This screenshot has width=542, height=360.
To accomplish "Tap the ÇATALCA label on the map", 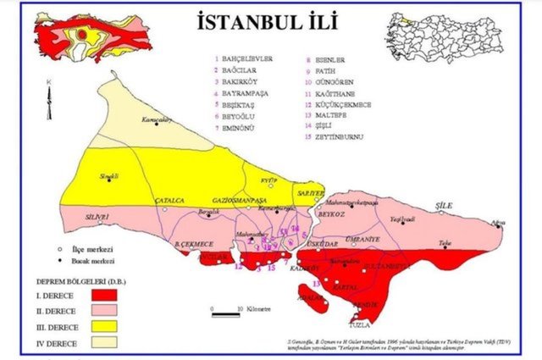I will [x=163, y=200].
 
